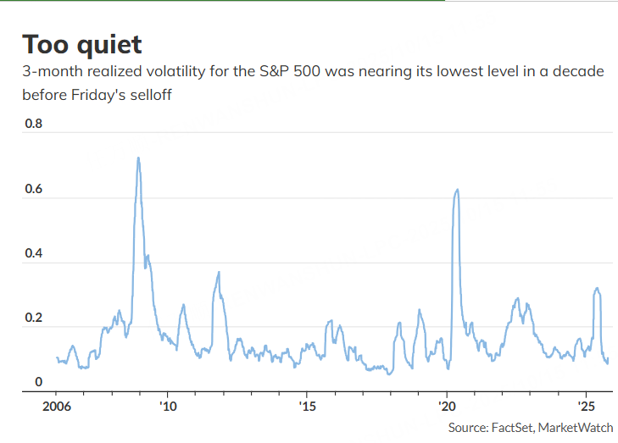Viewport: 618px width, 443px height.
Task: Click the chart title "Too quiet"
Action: [82, 44]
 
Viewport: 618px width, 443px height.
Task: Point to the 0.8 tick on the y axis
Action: [33, 124]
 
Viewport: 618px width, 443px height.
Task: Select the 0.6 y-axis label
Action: [33, 189]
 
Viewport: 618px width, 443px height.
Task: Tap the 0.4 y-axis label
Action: [33, 253]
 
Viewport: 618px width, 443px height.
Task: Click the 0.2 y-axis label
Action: [33, 318]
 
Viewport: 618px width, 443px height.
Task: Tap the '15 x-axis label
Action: [307, 407]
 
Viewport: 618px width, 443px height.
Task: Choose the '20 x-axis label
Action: [447, 407]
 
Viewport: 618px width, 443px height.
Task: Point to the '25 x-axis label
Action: [586, 407]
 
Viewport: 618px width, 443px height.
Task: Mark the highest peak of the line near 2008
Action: [138, 158]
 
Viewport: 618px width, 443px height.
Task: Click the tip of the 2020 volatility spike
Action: [458, 190]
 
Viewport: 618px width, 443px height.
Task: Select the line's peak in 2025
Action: [598, 289]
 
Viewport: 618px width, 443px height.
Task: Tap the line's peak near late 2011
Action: [219, 272]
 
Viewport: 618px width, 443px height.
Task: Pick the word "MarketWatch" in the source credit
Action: [577, 428]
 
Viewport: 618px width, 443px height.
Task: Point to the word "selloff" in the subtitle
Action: [148, 95]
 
